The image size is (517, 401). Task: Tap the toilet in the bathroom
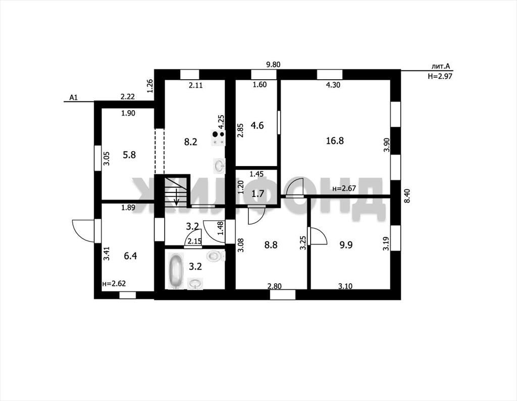pos(215,256)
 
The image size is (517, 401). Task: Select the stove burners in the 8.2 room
pos(218,138)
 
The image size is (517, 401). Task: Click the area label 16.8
pos(335,141)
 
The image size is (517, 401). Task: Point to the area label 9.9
pos(346,244)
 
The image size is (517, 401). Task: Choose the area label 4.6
pos(257,125)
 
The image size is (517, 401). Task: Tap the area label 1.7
pos(258,193)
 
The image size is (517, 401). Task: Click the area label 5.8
pos(129,155)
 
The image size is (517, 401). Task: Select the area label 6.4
pos(130,256)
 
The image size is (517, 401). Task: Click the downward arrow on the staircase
pos(176,197)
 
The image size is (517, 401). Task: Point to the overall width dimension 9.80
pos(273,65)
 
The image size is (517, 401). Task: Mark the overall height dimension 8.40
pos(407,195)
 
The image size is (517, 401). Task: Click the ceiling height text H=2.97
pos(440,76)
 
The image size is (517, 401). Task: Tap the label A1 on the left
pos(74,97)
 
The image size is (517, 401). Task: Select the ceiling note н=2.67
pos(344,188)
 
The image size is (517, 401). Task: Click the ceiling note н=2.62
pos(115,284)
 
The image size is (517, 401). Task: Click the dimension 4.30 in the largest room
pos(333,85)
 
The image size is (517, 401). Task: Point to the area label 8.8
pos(271,244)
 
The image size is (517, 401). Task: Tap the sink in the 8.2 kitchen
pos(219,166)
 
